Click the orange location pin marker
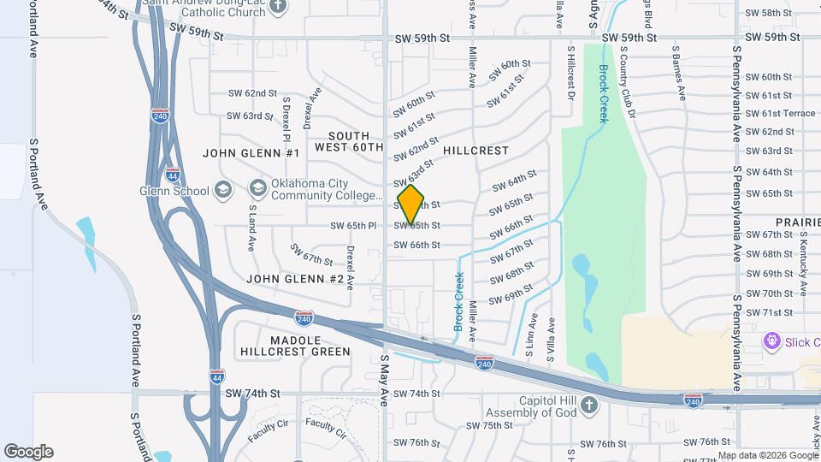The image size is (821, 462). [x=410, y=204]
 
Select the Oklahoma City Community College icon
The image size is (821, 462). [x=257, y=187]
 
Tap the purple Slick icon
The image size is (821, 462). [x=771, y=341]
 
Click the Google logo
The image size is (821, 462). [x=28, y=452]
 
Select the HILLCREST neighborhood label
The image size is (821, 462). [x=475, y=151]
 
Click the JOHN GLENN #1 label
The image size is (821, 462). [x=251, y=153]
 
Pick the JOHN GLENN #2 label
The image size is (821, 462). [x=295, y=280]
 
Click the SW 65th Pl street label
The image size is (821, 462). [x=353, y=226]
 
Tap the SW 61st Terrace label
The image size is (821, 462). [x=781, y=114]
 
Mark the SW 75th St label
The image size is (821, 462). [x=490, y=425]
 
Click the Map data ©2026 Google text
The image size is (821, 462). [x=767, y=455]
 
